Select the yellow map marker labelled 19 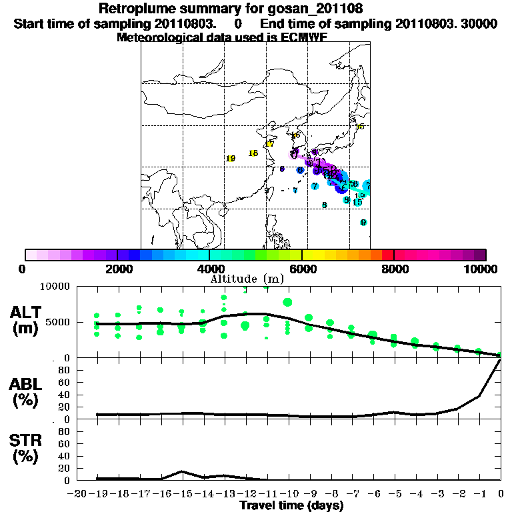231,159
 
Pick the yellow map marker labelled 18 253,153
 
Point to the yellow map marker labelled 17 269,144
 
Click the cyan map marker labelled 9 363,223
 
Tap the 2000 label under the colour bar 117,269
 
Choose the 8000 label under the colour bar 394,269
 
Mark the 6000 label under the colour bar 302,269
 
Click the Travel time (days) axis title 291,505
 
